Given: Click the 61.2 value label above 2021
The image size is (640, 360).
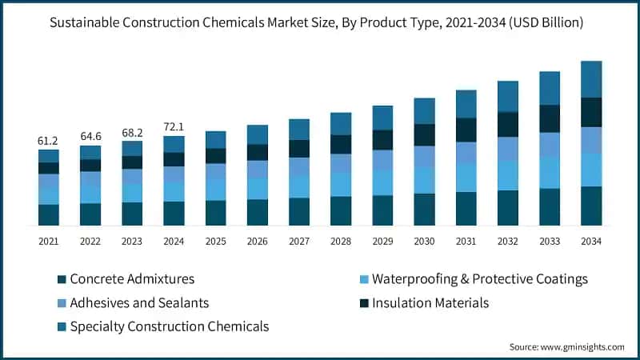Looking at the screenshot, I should [x=49, y=141].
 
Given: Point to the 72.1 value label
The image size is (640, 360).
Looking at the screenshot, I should [x=174, y=127].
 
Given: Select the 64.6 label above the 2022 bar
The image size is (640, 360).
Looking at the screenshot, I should [x=90, y=137].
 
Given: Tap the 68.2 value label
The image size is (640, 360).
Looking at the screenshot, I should [x=132, y=132].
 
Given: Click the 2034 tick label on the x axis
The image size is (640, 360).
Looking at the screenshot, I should [x=590, y=241].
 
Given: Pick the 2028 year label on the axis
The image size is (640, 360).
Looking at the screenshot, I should [x=341, y=241].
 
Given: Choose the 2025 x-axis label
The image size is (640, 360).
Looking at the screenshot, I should [x=215, y=241].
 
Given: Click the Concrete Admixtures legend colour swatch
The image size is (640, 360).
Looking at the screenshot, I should [x=62, y=280].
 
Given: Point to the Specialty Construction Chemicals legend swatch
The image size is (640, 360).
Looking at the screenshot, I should [x=62, y=326].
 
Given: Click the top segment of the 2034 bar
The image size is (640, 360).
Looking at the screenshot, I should [x=590, y=79].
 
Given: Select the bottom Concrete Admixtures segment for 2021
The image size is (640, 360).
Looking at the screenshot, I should [x=49, y=214].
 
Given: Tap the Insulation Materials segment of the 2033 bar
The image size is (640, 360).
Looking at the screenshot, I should [x=549, y=118].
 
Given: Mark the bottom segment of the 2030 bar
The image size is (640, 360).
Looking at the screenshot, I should [x=424, y=209].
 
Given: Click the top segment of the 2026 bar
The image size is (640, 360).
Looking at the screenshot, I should [x=258, y=134].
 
